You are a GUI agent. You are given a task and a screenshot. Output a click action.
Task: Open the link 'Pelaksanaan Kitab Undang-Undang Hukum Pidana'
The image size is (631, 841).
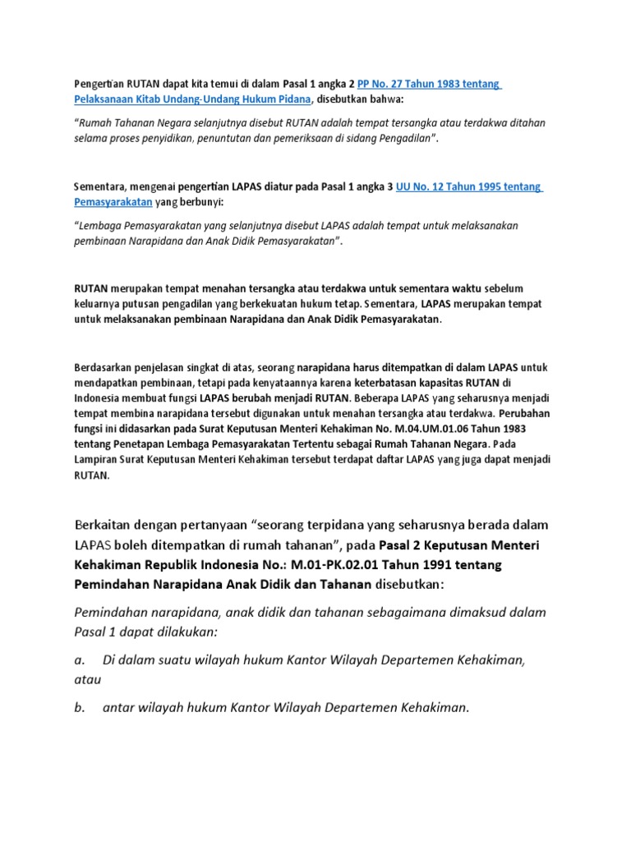(x=192, y=99)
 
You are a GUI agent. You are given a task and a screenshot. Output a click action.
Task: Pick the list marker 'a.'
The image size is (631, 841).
(x=80, y=659)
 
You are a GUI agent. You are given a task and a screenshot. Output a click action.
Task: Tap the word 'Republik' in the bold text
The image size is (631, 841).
(x=179, y=565)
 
